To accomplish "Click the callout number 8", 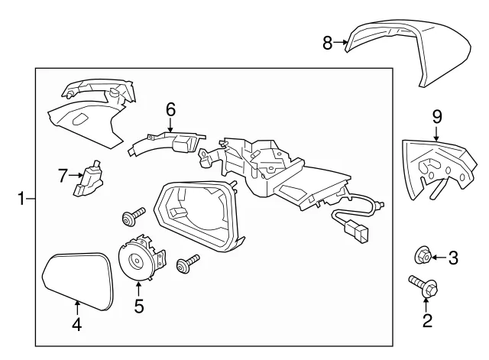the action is click(x=328, y=43).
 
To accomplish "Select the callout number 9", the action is click(x=437, y=117).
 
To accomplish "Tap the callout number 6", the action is click(x=170, y=110).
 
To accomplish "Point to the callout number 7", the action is click(x=63, y=176).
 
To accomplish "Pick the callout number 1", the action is click(x=21, y=199).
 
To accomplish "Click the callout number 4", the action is click(x=76, y=324).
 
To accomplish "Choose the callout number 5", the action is click(x=139, y=306).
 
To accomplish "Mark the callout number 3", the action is click(x=453, y=258).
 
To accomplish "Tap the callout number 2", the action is click(x=427, y=321).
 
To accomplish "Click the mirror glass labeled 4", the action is click(x=78, y=281).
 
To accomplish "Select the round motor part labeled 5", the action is click(x=141, y=258).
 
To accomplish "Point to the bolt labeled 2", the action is click(x=423, y=284).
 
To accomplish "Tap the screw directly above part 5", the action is click(x=133, y=215).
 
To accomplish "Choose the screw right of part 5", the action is click(x=187, y=263).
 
